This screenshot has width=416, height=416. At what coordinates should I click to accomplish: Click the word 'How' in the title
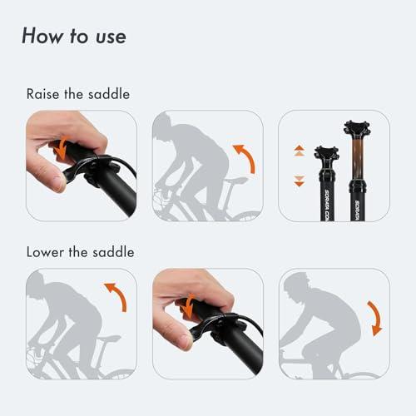pos(42,36)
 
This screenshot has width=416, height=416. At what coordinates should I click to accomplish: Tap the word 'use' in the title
pos(111,37)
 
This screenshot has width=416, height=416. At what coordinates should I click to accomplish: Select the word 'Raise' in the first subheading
pos(43,94)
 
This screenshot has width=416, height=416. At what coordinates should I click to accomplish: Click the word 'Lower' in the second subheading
pos(45,252)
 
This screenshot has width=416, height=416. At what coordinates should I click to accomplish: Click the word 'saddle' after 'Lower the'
pos(113,252)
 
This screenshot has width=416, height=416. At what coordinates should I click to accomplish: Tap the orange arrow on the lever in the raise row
pos(62,148)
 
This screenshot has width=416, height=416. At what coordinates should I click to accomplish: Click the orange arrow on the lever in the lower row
pos(189,306)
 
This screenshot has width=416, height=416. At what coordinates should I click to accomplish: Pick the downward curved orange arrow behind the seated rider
pos(377,319)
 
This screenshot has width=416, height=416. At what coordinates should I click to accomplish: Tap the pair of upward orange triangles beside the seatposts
pos(300,151)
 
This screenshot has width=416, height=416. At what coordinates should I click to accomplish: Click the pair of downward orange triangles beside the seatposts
pos(300,181)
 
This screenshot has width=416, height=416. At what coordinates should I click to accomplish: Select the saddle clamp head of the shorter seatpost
pos(327,153)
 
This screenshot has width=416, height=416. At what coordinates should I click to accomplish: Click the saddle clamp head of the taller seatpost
pos(357,128)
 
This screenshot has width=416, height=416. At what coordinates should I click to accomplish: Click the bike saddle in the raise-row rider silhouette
pos(235,181)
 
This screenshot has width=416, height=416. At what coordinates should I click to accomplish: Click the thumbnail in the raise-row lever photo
pos(58,182)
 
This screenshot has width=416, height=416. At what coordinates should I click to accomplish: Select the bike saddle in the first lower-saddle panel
pos(109,339)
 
